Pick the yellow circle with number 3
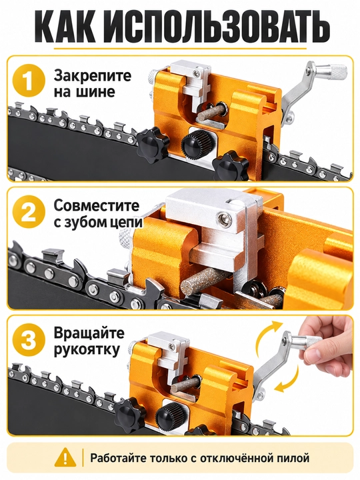click(x=29, y=341)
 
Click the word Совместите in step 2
click(x=97, y=206)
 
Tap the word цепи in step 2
click(x=126, y=223)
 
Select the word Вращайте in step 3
click(x=89, y=334)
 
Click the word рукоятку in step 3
click(x=87, y=350)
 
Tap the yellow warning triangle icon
click(x=65, y=458)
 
